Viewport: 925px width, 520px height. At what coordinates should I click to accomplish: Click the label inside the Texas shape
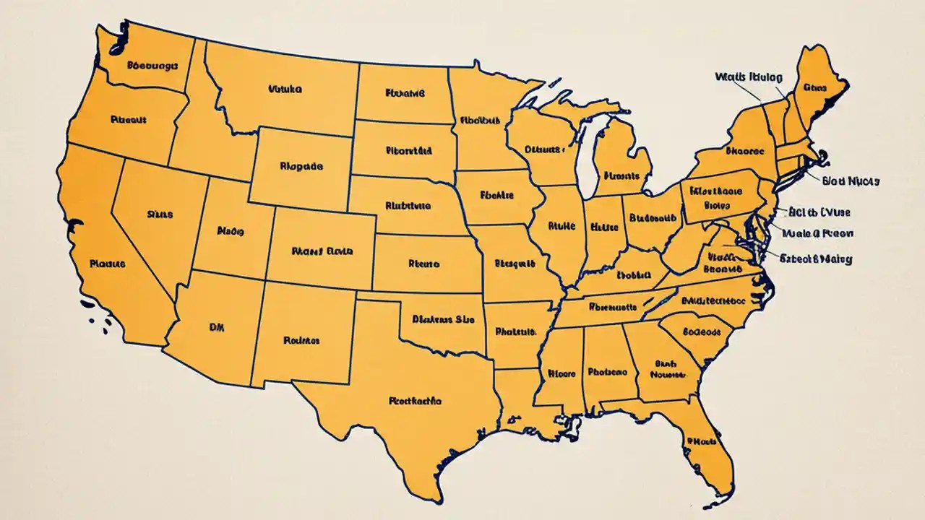415,399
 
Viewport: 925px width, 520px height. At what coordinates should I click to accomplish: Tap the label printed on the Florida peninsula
701,440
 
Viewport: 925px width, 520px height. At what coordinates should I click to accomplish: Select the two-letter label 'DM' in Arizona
216,327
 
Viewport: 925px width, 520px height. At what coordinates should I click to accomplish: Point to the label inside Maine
814,87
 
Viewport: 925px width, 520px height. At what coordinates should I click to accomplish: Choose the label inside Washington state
152,65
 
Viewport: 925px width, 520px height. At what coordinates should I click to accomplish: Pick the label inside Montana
285,90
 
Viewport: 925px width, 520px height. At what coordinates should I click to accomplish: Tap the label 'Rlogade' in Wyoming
301,165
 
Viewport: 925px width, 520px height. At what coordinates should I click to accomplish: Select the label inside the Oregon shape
129,120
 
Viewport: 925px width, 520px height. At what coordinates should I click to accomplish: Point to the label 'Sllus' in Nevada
160,214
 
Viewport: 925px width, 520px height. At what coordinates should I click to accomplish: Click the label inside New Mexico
302,339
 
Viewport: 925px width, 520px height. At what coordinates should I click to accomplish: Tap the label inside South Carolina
701,332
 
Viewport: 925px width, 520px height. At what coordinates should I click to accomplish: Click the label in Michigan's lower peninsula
622,175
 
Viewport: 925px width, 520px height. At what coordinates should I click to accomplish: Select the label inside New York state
744,152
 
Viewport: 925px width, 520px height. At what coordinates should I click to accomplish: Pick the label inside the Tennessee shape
613,306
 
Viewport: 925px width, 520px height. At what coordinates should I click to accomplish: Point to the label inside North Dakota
405,93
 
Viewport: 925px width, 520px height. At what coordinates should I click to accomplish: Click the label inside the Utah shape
231,232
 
